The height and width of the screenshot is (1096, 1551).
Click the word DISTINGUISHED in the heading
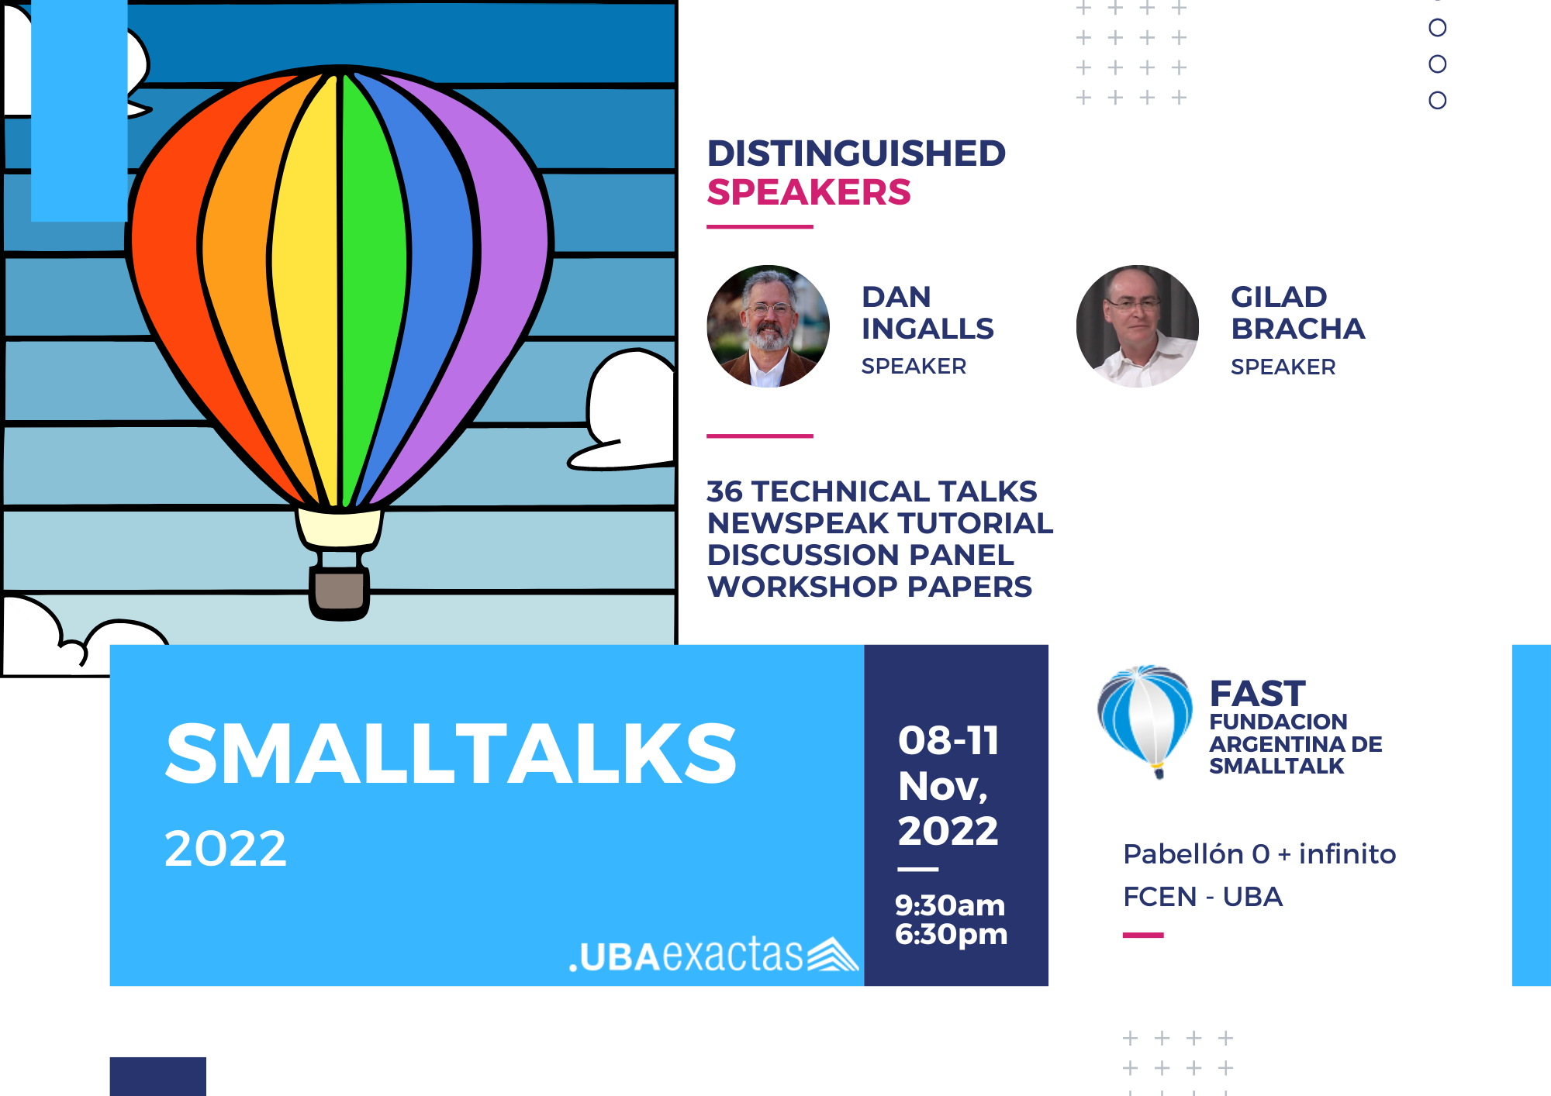click(856, 153)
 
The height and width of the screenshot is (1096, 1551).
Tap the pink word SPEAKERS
click(809, 192)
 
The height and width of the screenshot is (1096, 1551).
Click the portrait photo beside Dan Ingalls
click(768, 326)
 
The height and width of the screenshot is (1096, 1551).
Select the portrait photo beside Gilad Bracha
click(1137, 326)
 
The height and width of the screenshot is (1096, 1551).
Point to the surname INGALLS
click(927, 329)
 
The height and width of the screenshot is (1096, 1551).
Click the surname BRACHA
click(1297, 329)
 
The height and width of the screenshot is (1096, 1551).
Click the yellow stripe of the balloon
click(306, 287)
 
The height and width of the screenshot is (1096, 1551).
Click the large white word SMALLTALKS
click(451, 753)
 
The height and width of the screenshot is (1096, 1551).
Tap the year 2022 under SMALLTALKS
click(225, 848)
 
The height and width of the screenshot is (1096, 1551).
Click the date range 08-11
click(948, 740)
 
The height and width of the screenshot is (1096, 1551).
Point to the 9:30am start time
click(950, 905)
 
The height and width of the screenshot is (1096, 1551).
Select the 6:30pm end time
click(951, 935)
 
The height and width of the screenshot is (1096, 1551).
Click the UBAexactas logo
click(713, 954)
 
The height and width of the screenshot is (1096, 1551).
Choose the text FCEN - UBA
click(1203, 897)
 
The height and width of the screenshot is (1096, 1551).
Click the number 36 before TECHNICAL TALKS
click(724, 491)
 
